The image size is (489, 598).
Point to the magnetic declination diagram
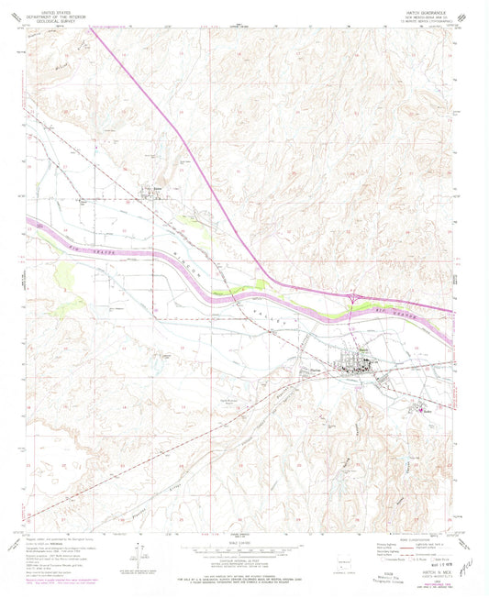pos(139,552)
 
